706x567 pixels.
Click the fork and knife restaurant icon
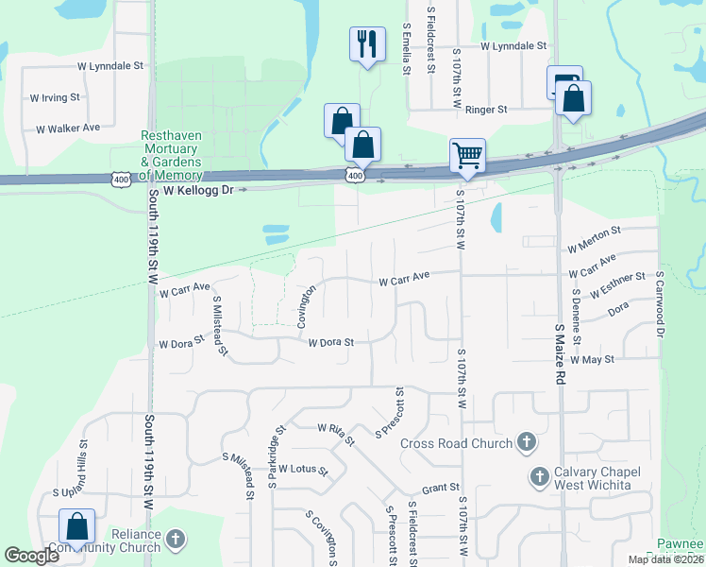point(367,44)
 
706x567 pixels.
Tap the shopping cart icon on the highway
point(467,155)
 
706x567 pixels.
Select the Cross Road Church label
point(455,443)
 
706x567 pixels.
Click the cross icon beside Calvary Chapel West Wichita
point(540,475)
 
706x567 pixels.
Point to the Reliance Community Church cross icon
point(175,540)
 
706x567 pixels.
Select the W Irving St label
point(55,97)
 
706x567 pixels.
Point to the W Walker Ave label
point(68,128)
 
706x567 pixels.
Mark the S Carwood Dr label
point(660,305)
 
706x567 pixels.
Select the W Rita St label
point(336,432)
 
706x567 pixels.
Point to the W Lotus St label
point(295,470)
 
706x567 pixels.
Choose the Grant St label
point(440,489)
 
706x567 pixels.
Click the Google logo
point(32,556)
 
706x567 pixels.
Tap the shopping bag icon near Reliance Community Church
point(76,527)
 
